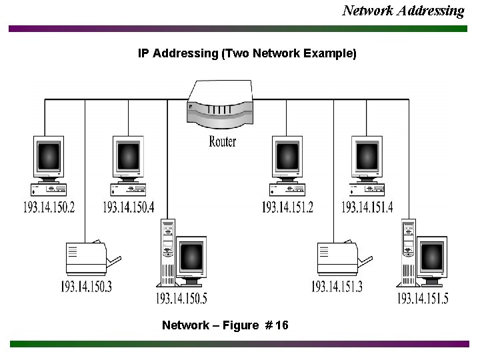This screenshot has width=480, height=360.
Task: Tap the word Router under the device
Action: coord(222,141)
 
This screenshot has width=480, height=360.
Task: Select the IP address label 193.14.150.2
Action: coord(49,207)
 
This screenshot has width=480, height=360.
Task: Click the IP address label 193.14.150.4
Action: coord(128,207)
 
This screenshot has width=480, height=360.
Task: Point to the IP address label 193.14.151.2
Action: coord(287,207)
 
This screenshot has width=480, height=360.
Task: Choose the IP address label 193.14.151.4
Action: coord(367,207)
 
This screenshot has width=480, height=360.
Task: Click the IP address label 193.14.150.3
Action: coord(86,287)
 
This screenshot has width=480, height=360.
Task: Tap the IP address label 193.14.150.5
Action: coord(181,298)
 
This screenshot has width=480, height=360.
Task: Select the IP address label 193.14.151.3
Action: coord(337,287)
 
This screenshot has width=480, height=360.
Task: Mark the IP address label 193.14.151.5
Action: coord(423,298)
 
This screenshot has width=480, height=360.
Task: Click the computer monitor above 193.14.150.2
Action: coord(49,157)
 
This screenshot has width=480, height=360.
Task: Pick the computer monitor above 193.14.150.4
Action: coord(128,157)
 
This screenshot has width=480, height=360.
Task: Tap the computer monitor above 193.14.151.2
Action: coord(288,157)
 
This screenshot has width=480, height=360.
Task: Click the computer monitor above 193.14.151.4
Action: coord(367,157)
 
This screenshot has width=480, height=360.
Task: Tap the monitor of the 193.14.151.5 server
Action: coord(431,257)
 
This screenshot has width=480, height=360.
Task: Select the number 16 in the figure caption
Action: coord(281,325)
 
